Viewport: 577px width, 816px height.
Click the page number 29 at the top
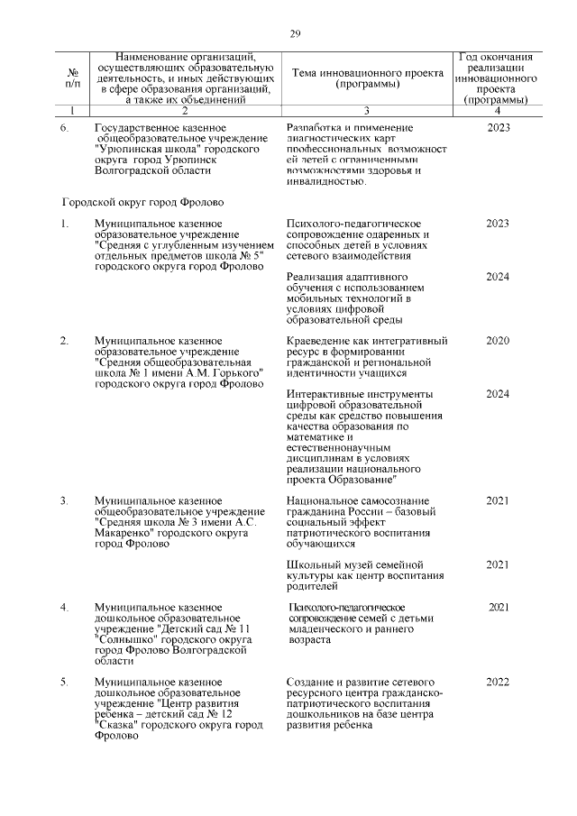[x=295, y=34]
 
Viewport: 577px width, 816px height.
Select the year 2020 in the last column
[x=498, y=341]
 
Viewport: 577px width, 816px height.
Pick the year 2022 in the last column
[x=498, y=682]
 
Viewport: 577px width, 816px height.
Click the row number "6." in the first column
[x=65, y=128]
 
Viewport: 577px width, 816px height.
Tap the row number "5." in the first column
[x=65, y=682]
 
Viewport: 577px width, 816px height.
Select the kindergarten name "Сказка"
[x=118, y=725]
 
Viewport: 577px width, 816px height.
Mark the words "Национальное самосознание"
[x=353, y=500]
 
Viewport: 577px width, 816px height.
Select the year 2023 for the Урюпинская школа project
[x=498, y=128]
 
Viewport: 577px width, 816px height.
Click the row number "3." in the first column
[x=65, y=500]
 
